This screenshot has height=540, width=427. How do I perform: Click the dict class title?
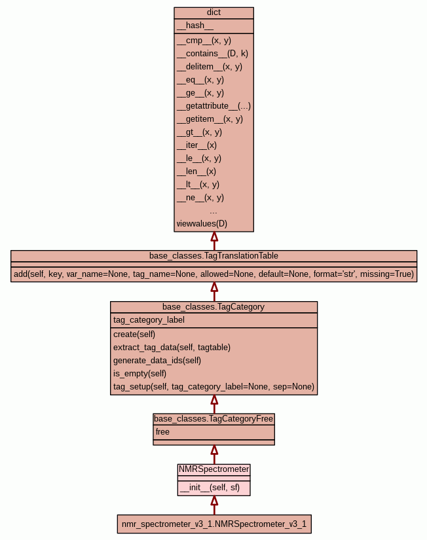(x=213, y=12)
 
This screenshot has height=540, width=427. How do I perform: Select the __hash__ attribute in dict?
(x=195, y=26)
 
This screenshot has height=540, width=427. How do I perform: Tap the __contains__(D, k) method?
(x=212, y=53)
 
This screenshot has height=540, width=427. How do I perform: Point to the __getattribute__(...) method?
(x=213, y=105)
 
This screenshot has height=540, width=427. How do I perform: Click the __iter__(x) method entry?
(x=196, y=145)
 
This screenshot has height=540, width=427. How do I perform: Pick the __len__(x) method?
(x=196, y=171)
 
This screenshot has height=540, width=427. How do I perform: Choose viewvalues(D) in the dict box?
(x=202, y=223)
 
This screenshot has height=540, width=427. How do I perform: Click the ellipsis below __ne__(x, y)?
(x=213, y=211)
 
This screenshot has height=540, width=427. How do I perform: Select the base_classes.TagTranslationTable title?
(x=213, y=255)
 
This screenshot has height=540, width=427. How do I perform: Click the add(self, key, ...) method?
(x=213, y=274)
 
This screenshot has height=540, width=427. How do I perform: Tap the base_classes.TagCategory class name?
(x=213, y=306)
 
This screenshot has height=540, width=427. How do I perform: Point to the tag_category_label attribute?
(x=149, y=320)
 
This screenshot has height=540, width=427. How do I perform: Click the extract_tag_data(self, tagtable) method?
(x=172, y=347)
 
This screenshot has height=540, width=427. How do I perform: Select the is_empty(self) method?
(x=139, y=373)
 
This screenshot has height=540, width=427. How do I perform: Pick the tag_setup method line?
(x=213, y=387)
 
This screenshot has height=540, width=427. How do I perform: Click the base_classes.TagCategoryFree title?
(x=213, y=418)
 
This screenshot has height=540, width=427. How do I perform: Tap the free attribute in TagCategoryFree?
(x=162, y=431)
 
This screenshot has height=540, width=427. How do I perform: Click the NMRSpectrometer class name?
(x=213, y=469)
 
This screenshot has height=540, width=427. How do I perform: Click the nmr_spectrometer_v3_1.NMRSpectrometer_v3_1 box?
(x=213, y=524)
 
